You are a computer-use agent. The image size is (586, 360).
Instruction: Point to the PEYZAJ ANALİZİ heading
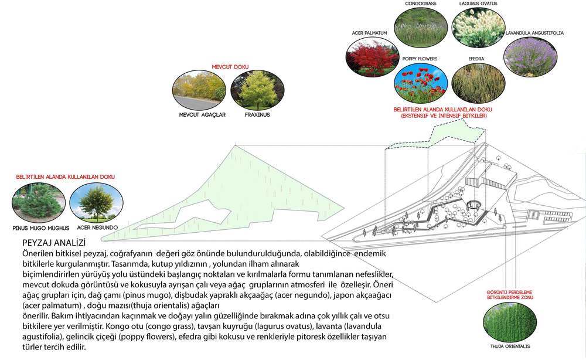click(x=53, y=242)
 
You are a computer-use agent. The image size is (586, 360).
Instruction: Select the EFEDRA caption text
click(x=476, y=59)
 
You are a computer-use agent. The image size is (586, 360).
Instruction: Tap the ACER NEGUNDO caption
click(x=97, y=227)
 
